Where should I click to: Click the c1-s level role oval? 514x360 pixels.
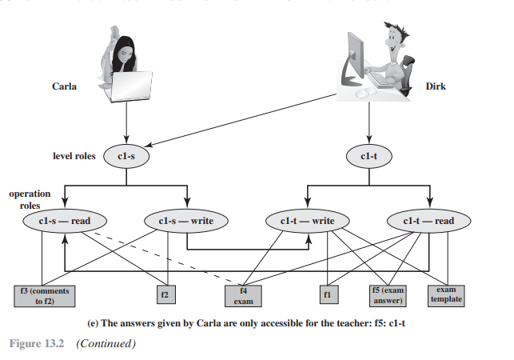pyautogui.click(x=127, y=157)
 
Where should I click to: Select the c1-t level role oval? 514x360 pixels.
pyautogui.click(x=369, y=157)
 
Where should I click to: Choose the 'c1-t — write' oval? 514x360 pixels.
pyautogui.click(x=307, y=221)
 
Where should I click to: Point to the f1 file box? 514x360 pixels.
pyautogui.click(x=329, y=295)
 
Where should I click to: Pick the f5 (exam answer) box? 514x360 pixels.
pyautogui.click(x=388, y=296)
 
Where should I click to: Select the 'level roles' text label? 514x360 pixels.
pyautogui.click(x=74, y=157)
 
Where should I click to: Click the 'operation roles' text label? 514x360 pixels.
pyautogui.click(x=30, y=199)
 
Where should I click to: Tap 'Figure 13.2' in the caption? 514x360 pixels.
pyautogui.click(x=36, y=344)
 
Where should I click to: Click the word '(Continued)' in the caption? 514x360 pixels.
pyautogui.click(x=106, y=344)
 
